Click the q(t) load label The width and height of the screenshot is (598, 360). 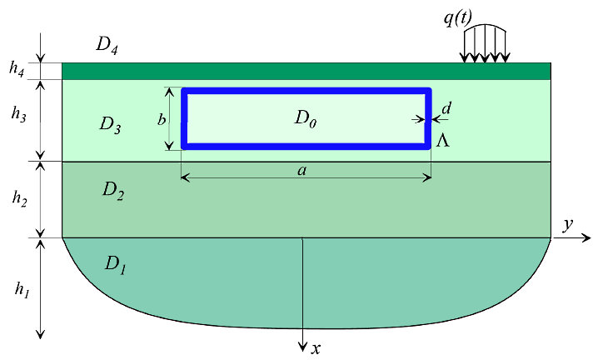[x=458, y=18]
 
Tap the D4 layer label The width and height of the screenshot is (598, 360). [x=107, y=45]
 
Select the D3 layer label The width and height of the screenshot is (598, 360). [x=110, y=125]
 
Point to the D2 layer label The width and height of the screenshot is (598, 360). [x=113, y=191]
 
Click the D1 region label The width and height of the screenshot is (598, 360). [x=115, y=265]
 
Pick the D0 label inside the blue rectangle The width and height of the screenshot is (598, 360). [x=306, y=118]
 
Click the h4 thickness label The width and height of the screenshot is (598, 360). [x=17, y=70]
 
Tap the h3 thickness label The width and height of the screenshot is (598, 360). [x=18, y=114]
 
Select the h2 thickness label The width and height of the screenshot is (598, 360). [x=19, y=198]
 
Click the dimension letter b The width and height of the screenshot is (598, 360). [x=162, y=119]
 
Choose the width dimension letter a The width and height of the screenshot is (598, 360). [x=302, y=170]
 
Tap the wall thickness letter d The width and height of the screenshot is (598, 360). [x=446, y=108]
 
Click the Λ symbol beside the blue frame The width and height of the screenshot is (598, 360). [x=443, y=141]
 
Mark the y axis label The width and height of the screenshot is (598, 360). [x=568, y=225]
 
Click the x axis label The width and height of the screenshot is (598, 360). [x=316, y=348]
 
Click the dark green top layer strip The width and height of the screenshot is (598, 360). [x=306, y=72]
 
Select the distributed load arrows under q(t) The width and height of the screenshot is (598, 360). [x=485, y=43]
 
